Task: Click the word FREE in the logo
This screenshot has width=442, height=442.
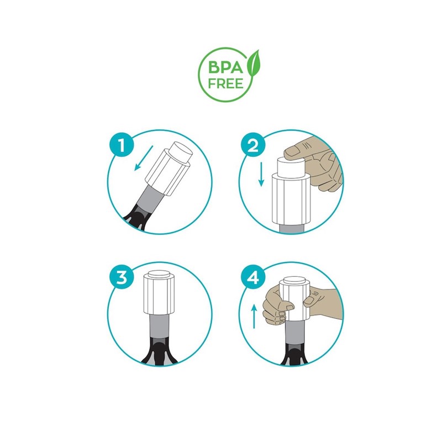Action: [x=225, y=84]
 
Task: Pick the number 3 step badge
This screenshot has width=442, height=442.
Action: [x=122, y=277]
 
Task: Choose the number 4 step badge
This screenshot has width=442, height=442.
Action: [x=253, y=277]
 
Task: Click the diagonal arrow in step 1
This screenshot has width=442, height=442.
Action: [x=144, y=158]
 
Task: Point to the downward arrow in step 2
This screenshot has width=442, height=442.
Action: [x=261, y=174]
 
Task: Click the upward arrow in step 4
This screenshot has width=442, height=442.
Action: [x=254, y=316]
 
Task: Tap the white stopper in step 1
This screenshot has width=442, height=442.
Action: [x=169, y=169]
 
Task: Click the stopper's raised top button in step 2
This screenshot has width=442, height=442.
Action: [x=291, y=167]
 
